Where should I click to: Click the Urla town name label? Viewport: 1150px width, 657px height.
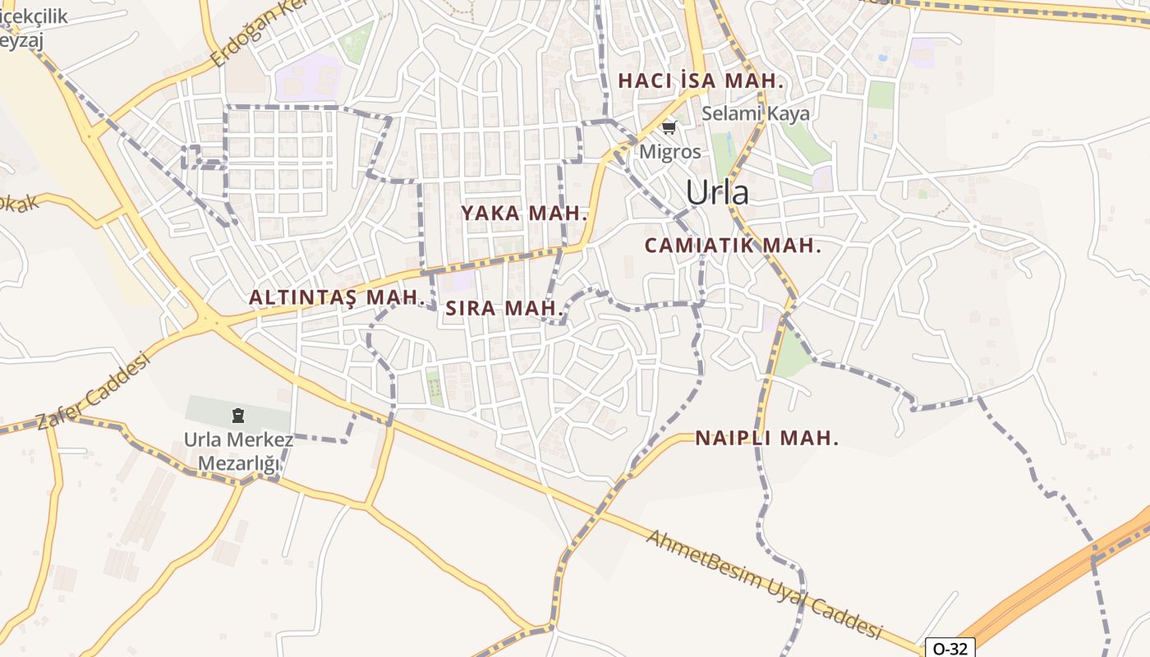(717, 192)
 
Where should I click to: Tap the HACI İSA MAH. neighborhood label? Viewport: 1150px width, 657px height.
(701, 81)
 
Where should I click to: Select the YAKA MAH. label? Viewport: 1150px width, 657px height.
(524, 214)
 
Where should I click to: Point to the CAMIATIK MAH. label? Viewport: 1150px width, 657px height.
(733, 246)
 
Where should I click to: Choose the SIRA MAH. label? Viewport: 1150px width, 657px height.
(504, 309)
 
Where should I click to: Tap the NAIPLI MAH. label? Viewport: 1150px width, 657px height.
(767, 439)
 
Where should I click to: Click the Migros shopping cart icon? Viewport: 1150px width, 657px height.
(669, 127)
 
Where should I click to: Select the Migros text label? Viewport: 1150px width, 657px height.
(670, 152)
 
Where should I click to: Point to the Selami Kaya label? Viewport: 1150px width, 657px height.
(756, 114)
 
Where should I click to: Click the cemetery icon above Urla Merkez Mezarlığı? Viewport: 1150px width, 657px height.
(238, 416)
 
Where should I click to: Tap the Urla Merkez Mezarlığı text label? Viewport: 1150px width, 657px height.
(238, 452)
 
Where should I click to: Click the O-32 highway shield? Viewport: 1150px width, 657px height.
(950, 648)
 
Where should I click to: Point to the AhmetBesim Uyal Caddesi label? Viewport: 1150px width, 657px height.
(763, 585)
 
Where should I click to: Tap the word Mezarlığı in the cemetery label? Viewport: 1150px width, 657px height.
(238, 464)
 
